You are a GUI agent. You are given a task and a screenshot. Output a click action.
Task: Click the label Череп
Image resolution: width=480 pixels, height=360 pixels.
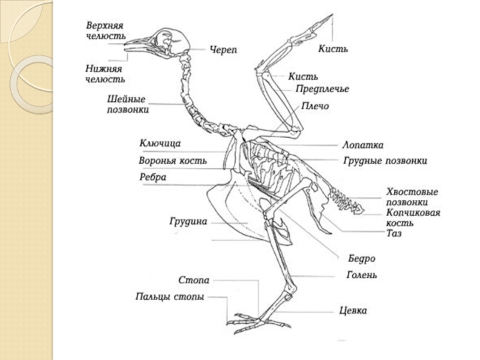(223, 49)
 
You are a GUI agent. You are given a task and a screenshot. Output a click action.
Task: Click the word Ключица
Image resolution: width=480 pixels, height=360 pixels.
(160, 143)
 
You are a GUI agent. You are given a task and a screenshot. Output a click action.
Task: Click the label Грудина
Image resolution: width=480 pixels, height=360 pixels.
(188, 221)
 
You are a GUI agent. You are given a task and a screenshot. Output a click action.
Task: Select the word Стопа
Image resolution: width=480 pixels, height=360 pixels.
(194, 280)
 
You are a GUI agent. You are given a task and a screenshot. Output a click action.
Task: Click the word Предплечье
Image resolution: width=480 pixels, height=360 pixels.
(322, 89)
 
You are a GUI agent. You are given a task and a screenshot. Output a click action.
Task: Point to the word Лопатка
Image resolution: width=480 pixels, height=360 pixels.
(362, 145)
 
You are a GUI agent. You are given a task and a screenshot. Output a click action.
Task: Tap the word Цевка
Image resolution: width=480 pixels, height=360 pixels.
(353, 311)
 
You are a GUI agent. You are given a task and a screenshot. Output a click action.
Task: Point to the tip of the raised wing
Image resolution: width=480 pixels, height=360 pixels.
(330, 16)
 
